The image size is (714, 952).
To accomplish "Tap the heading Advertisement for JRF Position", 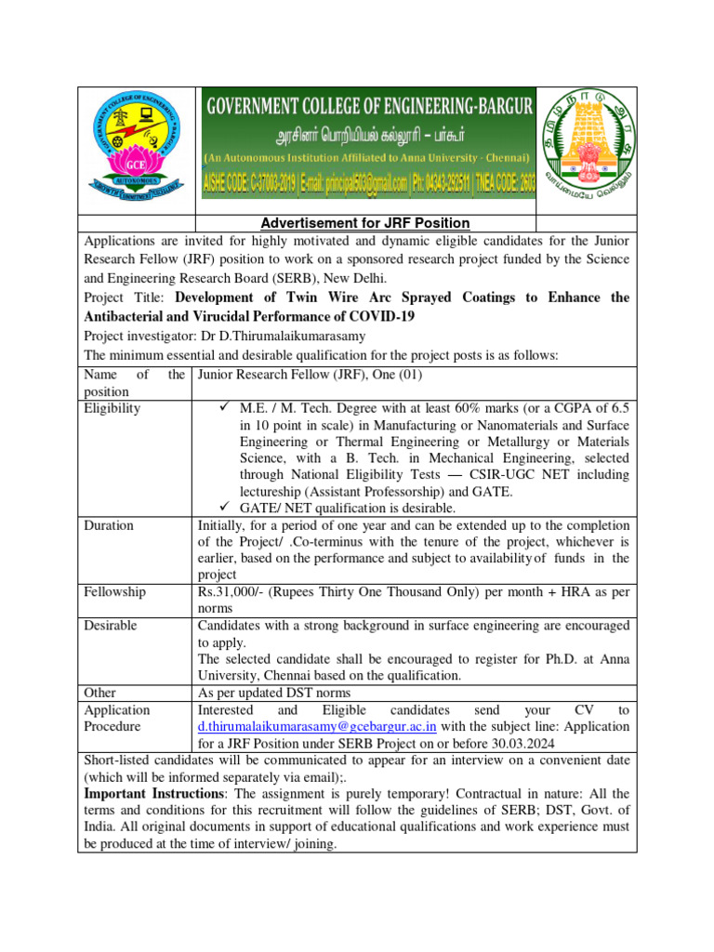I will (364, 223).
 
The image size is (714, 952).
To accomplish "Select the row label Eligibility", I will (112, 408).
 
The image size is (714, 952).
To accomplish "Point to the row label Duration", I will (109, 525).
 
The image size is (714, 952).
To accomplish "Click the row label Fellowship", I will (114, 591).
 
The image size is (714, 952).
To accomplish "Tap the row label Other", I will (99, 693).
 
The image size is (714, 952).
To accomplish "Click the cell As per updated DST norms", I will (274, 693).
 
